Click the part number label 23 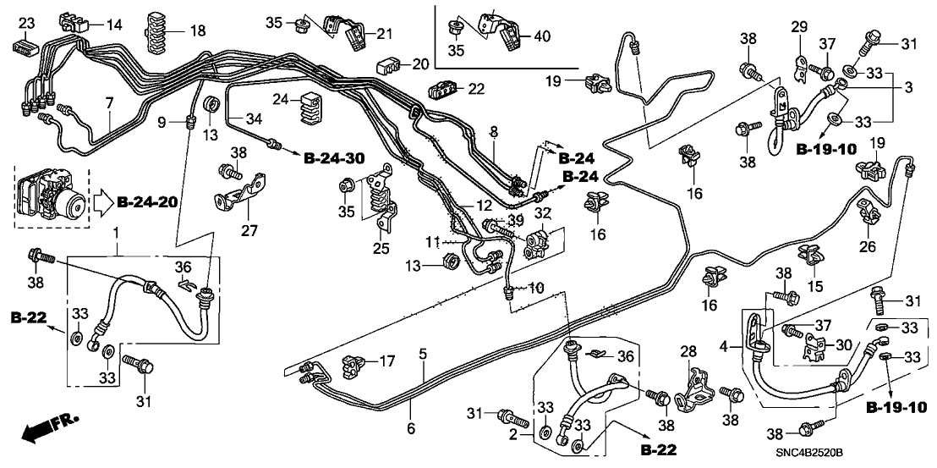coord(25,23)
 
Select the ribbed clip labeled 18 coord(157,33)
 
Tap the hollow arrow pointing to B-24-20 coord(100,202)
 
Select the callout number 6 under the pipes coord(412,428)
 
